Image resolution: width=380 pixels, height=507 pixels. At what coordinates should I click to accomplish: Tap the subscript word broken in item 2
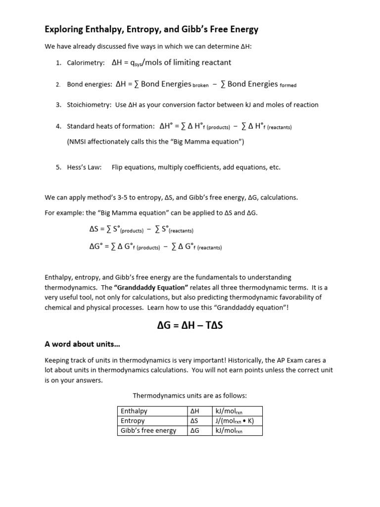[200, 86]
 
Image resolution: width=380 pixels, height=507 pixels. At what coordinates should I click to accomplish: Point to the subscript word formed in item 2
[288, 86]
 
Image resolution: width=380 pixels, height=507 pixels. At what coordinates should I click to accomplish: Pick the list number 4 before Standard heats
[58, 126]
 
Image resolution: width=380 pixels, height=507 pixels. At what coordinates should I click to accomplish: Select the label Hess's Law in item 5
[84, 167]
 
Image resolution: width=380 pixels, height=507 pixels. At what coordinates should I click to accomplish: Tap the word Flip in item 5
[118, 167]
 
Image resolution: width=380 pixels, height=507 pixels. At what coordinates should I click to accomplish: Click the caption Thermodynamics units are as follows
[190, 396]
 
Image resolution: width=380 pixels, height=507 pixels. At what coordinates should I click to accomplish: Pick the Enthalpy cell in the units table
[134, 411]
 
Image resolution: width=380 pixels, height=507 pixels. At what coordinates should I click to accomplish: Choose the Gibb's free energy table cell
[148, 431]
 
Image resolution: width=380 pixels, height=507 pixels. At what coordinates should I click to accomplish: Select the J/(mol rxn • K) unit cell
[235, 421]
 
